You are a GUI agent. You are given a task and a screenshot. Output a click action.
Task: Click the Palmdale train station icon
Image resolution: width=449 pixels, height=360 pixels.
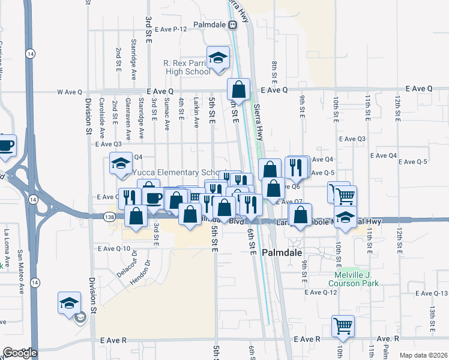point(233,25)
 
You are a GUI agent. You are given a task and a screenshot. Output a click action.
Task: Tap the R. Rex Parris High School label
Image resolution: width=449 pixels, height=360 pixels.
point(187,67)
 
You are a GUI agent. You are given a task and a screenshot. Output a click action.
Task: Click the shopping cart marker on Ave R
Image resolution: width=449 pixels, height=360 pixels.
point(343,326)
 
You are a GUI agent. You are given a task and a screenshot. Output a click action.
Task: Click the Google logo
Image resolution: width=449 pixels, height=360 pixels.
point(19,353)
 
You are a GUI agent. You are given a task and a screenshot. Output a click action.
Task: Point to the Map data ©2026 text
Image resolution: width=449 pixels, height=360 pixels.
point(423,355)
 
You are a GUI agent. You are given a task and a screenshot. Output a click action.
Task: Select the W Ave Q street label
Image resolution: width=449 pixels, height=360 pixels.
point(69,92)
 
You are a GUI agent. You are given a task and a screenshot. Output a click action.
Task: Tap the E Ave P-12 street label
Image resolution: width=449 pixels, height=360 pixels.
point(171,29)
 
